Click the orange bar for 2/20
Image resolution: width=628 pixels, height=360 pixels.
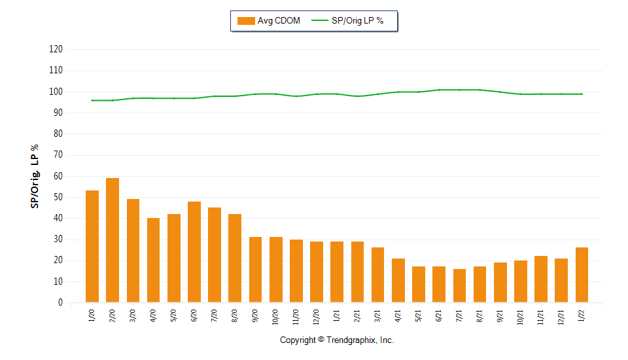coord(113,240)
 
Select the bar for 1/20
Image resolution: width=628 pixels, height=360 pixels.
coord(92,247)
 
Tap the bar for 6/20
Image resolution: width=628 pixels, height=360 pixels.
coord(194,252)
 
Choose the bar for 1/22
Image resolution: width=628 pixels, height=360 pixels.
coord(582,275)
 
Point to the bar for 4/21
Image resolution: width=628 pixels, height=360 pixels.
coord(398,281)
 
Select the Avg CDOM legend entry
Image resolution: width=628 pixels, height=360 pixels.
coord(269,21)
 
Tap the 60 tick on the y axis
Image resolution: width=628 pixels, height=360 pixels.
coord(58,176)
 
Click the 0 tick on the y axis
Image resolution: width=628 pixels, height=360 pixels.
coord(60,303)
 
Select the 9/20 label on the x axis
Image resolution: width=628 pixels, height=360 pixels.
coord(255,317)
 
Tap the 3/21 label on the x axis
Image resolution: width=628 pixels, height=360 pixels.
coord(377,317)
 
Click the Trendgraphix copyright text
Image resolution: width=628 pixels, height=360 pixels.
coord(337,340)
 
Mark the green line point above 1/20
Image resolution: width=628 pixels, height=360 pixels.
coord(92,100)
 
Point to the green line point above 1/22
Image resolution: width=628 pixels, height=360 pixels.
coord(582,94)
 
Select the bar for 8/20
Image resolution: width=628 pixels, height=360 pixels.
coord(235,259)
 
